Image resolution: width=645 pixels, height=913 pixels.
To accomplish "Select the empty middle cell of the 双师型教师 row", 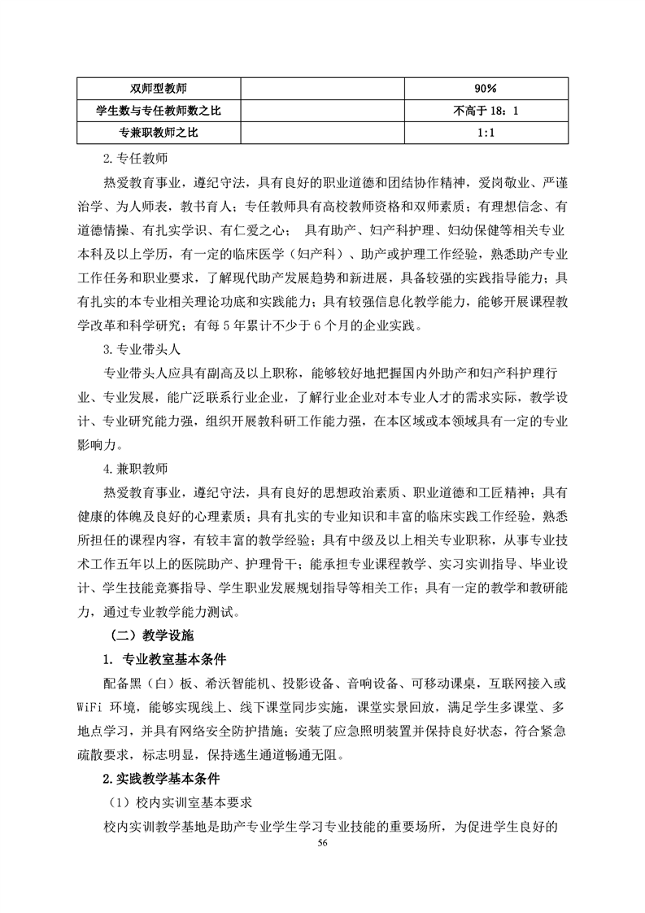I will [322, 88].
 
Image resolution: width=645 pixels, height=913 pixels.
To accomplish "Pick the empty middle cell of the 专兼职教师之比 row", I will [322, 132].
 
